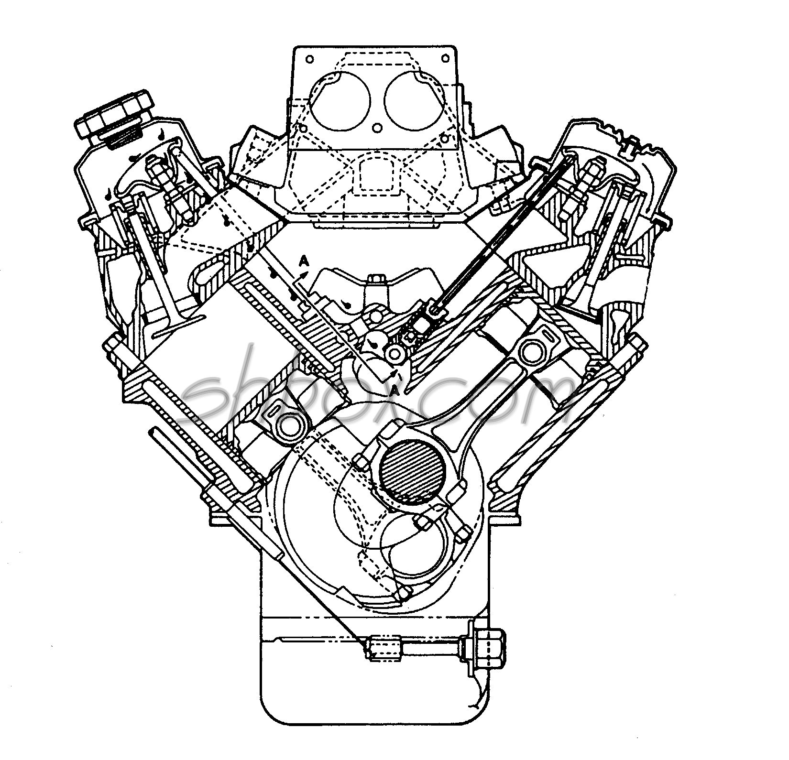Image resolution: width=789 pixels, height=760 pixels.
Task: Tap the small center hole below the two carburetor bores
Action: pyautogui.click(x=377, y=128)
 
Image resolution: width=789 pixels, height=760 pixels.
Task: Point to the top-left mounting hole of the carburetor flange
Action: pyautogui.click(x=309, y=59)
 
